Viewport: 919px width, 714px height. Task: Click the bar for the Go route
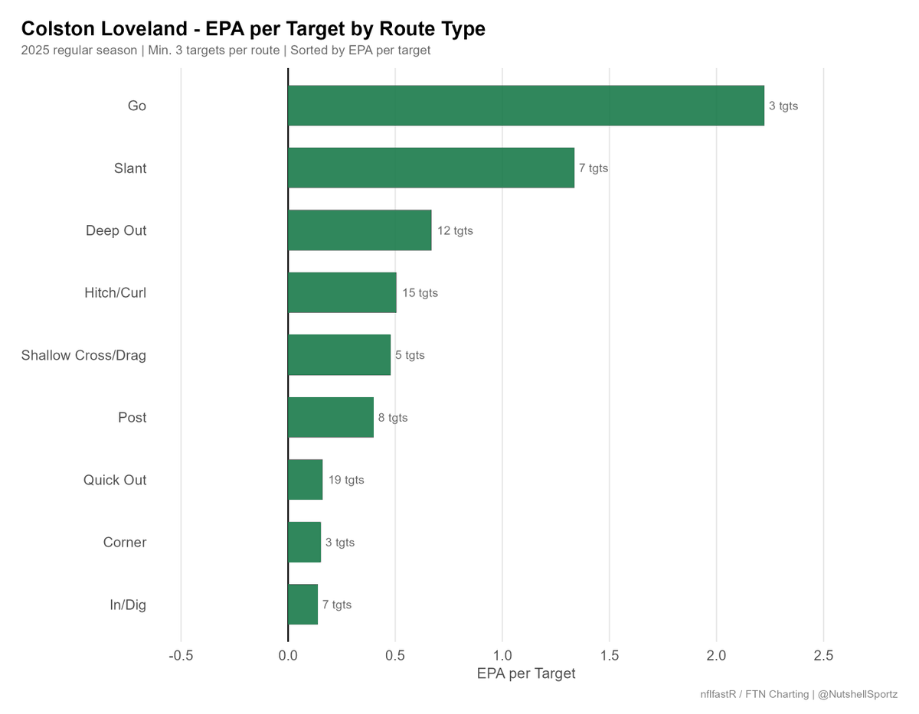(525, 105)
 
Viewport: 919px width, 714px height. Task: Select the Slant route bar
(431, 168)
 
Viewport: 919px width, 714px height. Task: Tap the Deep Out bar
(359, 230)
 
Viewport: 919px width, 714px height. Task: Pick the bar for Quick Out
(305, 480)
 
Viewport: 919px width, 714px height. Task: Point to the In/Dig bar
(303, 604)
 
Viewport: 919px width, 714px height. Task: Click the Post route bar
(331, 417)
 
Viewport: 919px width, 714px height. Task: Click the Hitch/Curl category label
(115, 293)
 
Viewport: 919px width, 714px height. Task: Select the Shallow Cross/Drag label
(83, 355)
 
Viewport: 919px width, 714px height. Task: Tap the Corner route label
(125, 542)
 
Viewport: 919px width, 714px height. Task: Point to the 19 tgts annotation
(346, 480)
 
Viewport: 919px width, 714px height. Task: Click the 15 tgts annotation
(420, 293)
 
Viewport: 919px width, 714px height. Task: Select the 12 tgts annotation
(455, 230)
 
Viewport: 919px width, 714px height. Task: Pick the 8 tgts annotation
(392, 418)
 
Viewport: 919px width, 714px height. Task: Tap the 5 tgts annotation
(410, 355)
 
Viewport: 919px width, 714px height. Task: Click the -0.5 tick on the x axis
(181, 655)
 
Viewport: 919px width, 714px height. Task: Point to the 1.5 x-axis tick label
(610, 655)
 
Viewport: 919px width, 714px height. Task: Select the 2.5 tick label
(823, 655)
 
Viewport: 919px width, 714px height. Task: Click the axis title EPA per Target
(526, 673)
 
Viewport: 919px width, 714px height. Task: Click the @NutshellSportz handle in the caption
(857, 695)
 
